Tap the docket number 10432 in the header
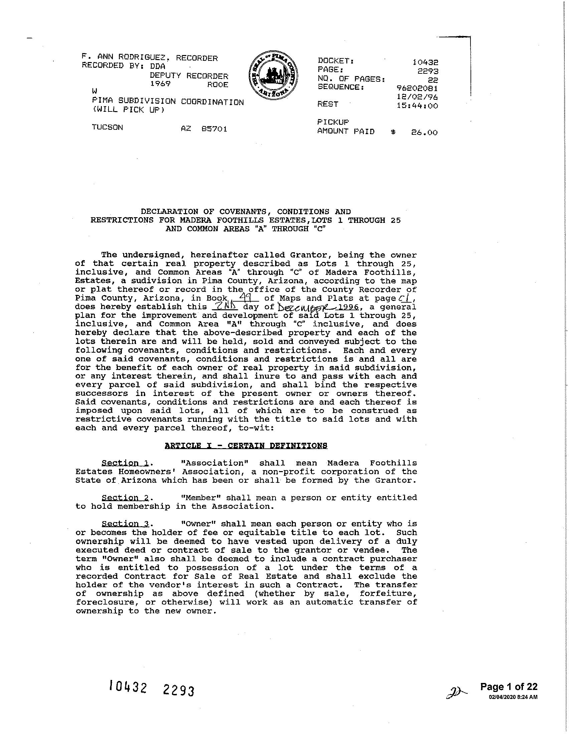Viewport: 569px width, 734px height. (425, 62)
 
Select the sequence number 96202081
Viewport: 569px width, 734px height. (417, 88)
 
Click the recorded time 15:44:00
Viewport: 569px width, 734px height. (417, 106)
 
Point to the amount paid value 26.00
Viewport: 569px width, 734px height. (424, 132)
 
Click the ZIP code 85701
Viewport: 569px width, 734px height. (214, 129)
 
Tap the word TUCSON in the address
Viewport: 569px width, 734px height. (107, 127)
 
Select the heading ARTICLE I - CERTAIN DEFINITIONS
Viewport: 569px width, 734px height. (246, 446)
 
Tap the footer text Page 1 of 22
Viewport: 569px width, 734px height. (509, 686)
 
